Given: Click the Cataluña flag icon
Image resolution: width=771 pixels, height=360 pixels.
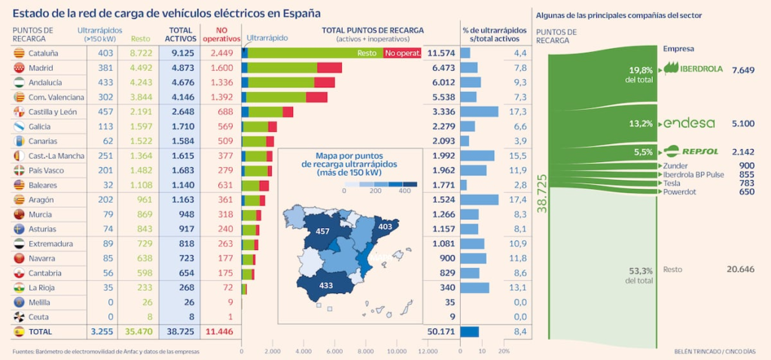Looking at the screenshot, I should click(x=20, y=53).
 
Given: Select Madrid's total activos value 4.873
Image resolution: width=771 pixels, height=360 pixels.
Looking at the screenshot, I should click(x=184, y=68).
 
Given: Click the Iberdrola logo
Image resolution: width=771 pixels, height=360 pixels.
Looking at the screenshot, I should click(x=691, y=69).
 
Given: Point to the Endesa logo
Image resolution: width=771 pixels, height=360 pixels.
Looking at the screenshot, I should click(x=688, y=124).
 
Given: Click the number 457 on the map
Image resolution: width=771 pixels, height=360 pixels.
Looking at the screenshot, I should click(x=324, y=231).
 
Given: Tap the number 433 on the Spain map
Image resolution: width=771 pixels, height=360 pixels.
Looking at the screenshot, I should click(x=325, y=285).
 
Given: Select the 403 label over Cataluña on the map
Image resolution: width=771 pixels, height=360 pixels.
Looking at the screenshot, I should click(x=385, y=226).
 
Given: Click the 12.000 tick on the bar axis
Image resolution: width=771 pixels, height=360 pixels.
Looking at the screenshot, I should click(x=428, y=352).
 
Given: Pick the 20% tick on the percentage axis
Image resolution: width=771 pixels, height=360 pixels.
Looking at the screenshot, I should click(x=504, y=352).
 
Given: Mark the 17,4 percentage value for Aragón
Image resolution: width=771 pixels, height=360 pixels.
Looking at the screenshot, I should click(x=520, y=200).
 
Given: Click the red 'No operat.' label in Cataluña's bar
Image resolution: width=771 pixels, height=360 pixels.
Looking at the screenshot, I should click(x=403, y=53).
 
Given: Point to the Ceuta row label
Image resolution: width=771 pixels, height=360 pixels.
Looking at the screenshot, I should click(x=38, y=317).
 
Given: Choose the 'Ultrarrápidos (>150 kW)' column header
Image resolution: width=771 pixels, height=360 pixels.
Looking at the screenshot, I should click(x=95, y=34).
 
